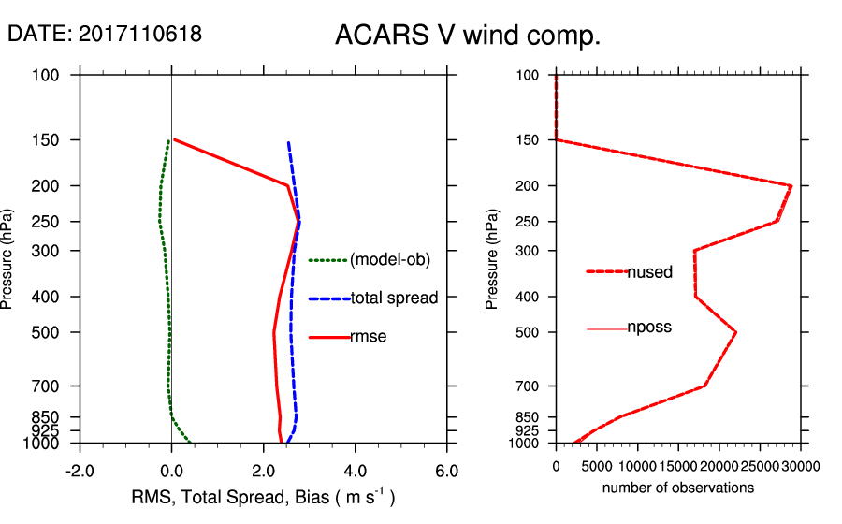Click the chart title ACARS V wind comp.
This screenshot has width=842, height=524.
467,36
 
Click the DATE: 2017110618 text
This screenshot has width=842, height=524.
105,35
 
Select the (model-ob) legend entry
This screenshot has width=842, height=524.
389,260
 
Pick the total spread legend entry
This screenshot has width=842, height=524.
394,298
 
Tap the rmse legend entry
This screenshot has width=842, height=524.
369,337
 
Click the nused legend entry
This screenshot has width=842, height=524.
649,272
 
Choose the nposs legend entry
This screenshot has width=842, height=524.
649,328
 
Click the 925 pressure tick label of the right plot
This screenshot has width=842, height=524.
530,430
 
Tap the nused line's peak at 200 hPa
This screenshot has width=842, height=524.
791,185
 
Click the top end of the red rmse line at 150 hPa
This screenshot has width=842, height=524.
174,140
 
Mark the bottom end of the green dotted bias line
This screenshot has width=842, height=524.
191,443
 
